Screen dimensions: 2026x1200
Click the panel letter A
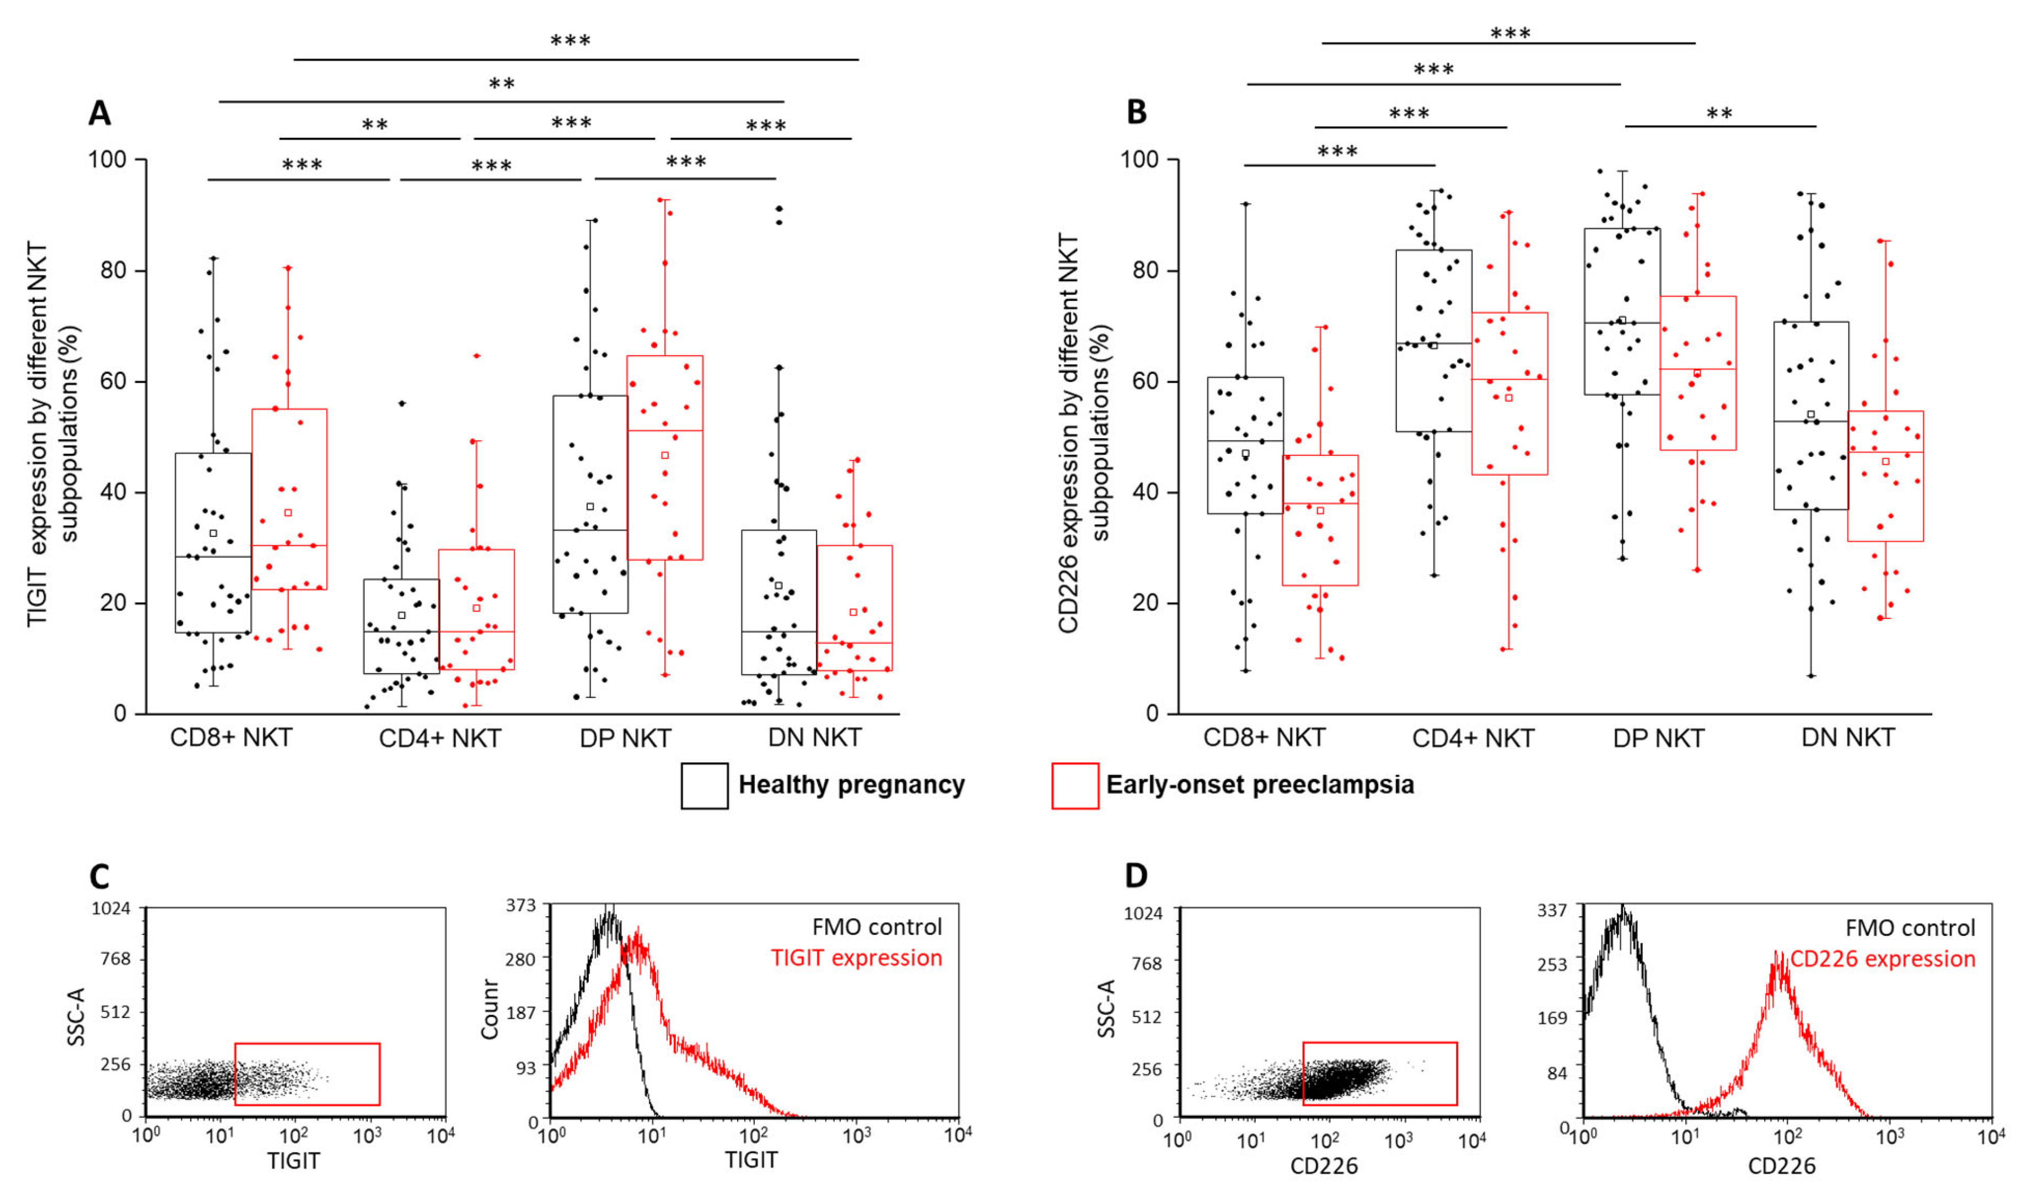[x=99, y=113]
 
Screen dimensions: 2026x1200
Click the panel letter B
[x=1136, y=112]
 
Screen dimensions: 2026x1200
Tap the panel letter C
[x=99, y=876]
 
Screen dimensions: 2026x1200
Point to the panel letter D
[x=1136, y=876]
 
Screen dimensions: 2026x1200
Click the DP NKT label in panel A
[x=625, y=738]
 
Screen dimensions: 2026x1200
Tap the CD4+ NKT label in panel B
[x=1473, y=738]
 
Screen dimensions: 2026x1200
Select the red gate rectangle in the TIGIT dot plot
[x=307, y=1074]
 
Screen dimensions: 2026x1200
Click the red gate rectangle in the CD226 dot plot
[x=1380, y=1074]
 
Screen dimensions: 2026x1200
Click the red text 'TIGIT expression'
[x=857, y=958]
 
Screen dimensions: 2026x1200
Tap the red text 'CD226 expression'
[x=1883, y=959]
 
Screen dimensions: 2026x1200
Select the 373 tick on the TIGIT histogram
[x=522, y=905]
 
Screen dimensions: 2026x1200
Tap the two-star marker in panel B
[x=1719, y=113]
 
